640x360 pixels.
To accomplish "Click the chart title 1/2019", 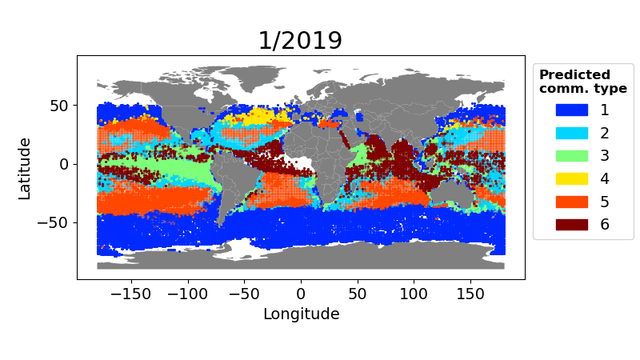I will click(300, 41).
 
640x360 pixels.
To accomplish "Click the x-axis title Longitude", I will click(301, 314).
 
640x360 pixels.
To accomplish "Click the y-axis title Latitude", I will click(25, 168).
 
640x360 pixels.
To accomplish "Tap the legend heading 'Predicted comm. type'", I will click(582, 82).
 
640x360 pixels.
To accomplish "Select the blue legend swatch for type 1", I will click(571, 110).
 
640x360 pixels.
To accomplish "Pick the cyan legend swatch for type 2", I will click(571, 133).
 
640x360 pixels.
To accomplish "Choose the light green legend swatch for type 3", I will click(571, 155).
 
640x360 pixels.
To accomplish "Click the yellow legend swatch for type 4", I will click(571, 178).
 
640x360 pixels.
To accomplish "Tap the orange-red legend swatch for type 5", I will click(571, 202).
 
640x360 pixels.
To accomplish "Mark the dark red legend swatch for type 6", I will click(571, 224).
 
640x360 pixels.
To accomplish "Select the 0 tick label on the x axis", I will click(301, 293).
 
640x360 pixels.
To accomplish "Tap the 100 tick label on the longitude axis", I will click(414, 293).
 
